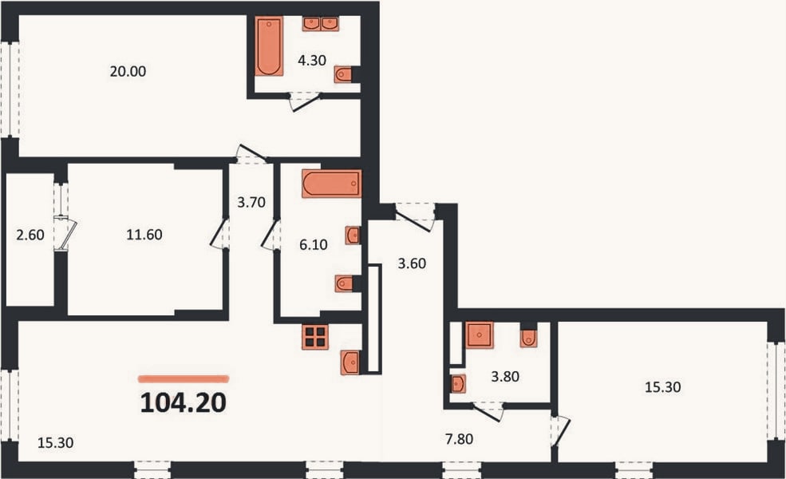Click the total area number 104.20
[x=184, y=402]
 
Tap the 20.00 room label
[x=128, y=72]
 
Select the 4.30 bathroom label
[x=312, y=61]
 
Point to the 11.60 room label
[x=144, y=235]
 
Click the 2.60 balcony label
[x=30, y=235]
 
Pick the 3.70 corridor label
[x=251, y=203]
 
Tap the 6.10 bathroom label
[x=314, y=245]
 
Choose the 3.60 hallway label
[x=412, y=263]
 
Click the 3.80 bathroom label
[x=505, y=376]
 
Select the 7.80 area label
[x=459, y=439]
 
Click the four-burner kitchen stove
[x=315, y=337]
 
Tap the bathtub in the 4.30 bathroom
[x=269, y=46]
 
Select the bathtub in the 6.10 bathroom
[x=331, y=184]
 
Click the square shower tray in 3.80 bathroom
[x=480, y=335]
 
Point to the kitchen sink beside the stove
[x=350, y=362]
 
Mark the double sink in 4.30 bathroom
[x=321, y=24]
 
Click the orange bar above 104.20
[x=184, y=379]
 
